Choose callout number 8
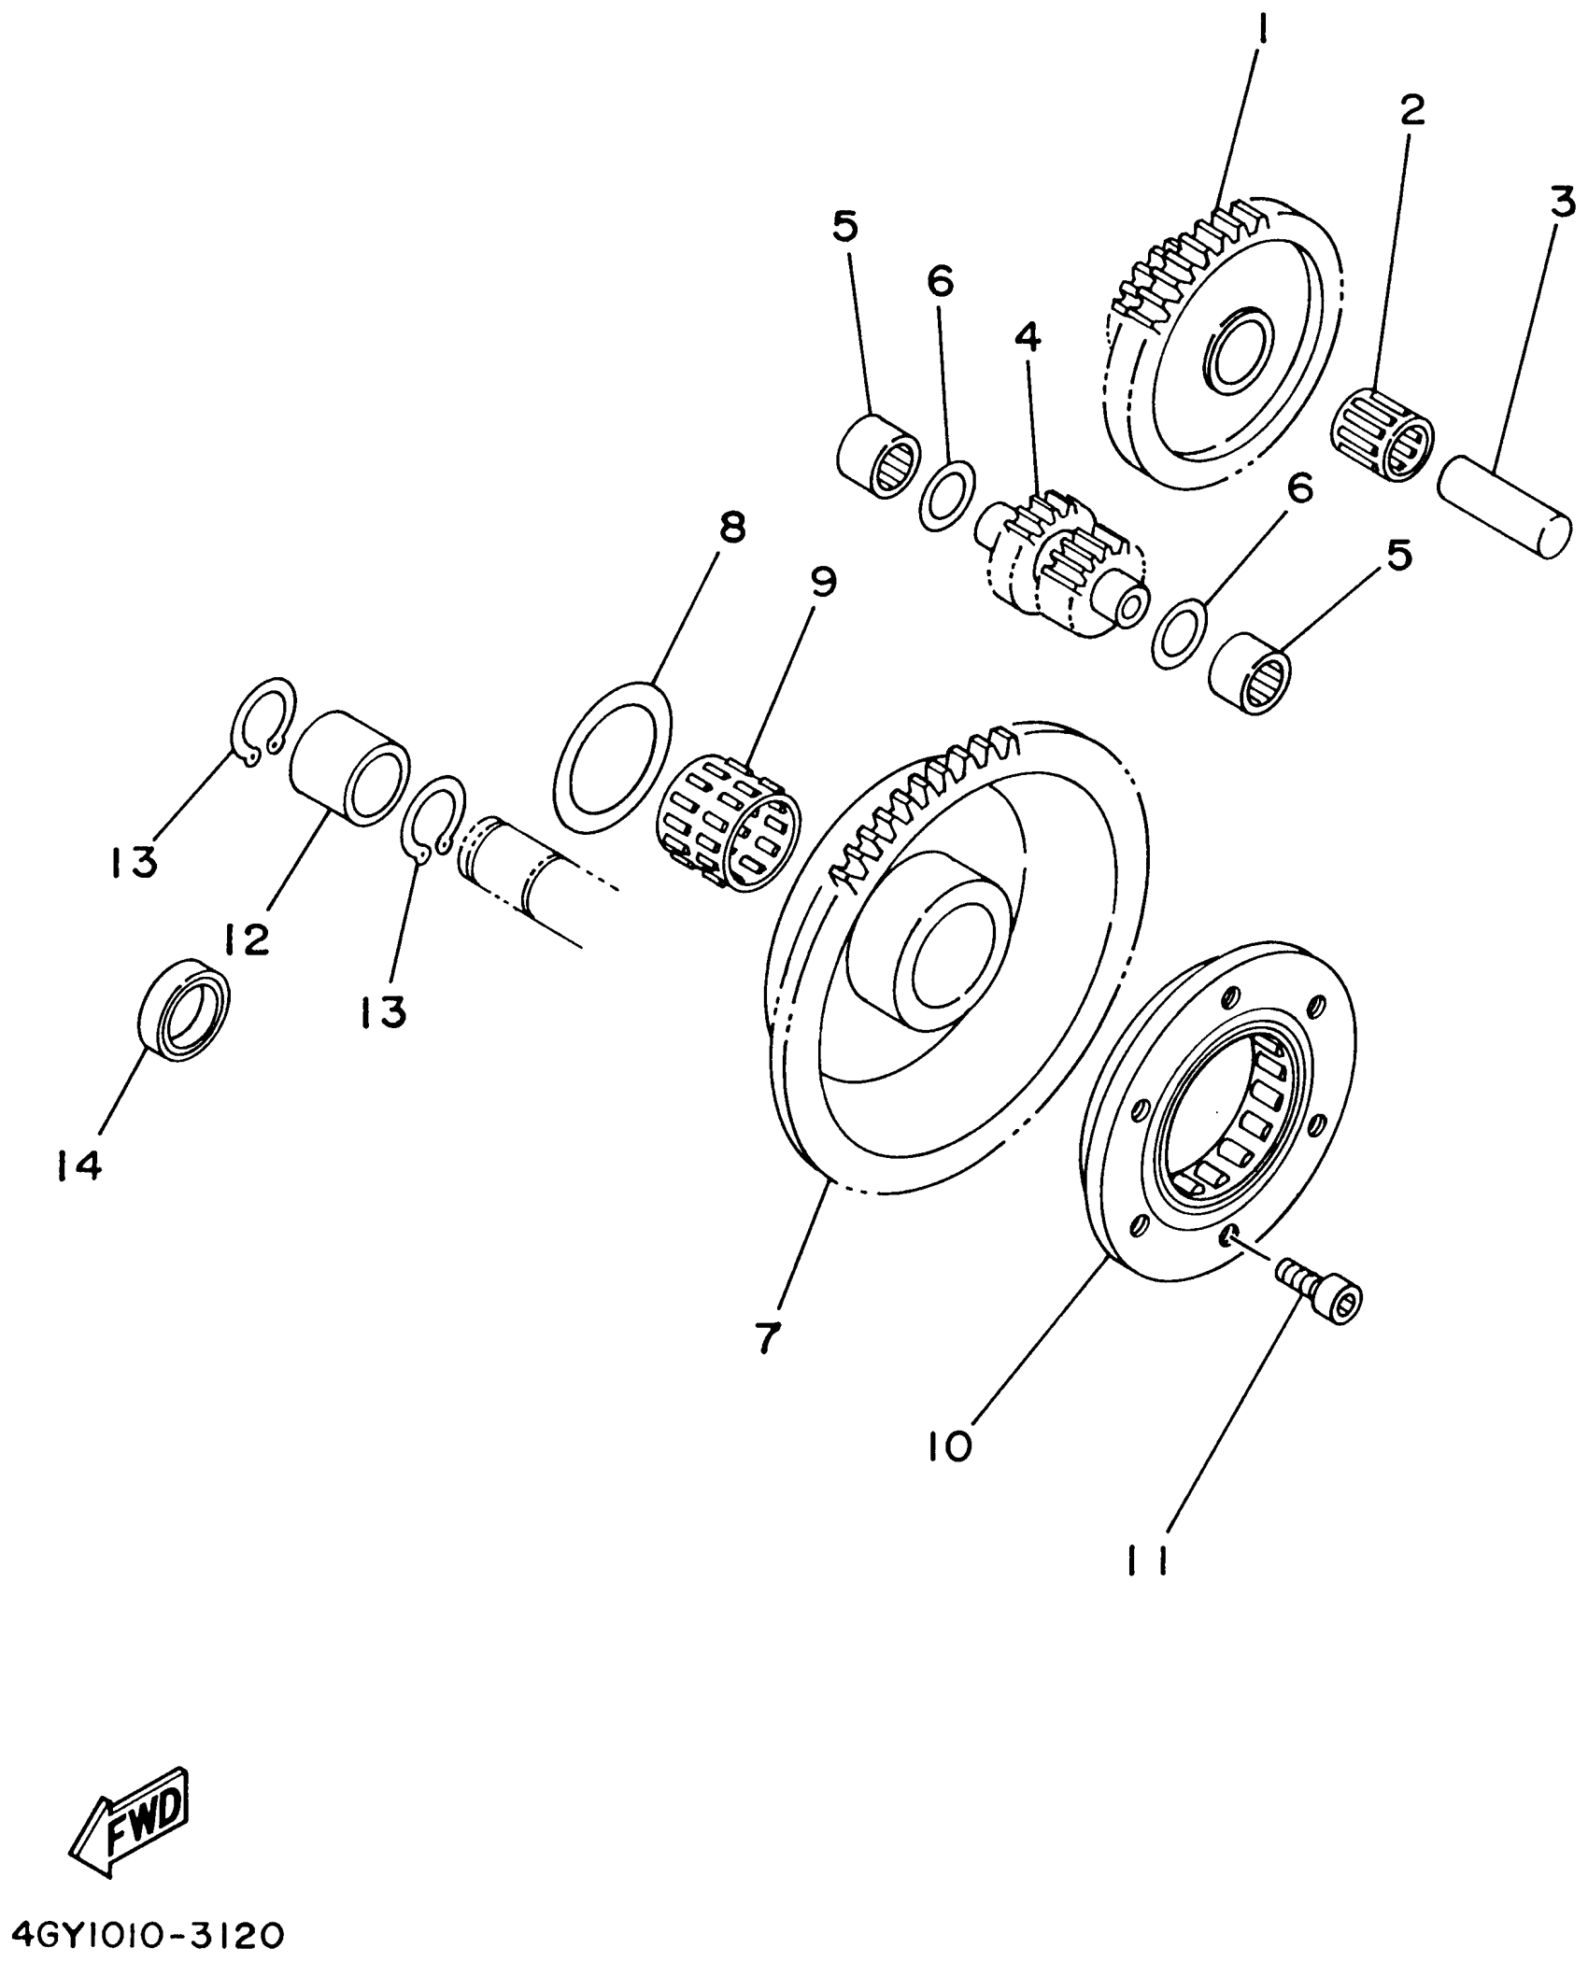click(731, 529)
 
